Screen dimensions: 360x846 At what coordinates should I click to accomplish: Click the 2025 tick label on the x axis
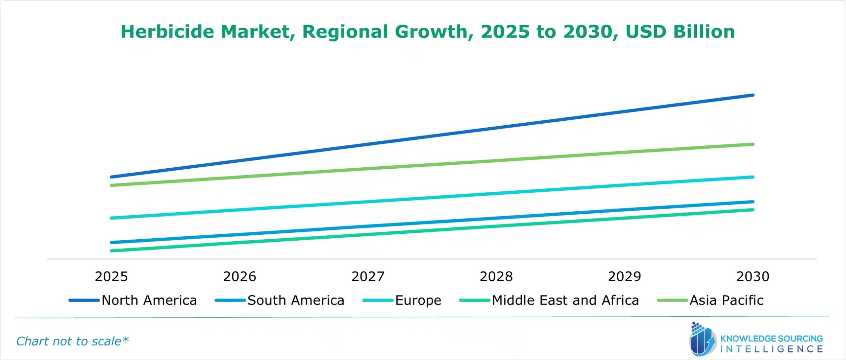tap(111, 276)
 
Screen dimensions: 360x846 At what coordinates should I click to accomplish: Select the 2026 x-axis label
tap(239, 276)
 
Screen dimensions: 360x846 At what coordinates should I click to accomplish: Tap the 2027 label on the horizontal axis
tap(368, 276)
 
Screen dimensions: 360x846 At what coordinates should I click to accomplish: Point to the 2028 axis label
tap(496, 276)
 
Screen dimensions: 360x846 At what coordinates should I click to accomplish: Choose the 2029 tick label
tap(624, 276)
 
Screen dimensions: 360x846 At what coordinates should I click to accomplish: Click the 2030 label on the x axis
tap(752, 276)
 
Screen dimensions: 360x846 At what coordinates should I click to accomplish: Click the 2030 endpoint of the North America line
tap(752, 95)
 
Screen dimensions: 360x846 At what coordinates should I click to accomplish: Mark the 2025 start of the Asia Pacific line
tap(112, 185)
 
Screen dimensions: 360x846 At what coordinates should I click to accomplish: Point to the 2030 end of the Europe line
tap(752, 177)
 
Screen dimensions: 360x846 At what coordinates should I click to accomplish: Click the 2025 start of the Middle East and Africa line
tap(112, 251)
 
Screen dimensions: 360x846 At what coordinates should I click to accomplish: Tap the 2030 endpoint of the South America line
tap(752, 202)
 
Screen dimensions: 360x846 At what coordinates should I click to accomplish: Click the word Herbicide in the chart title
tap(167, 32)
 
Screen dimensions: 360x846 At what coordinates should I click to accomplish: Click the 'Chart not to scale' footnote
tap(72, 341)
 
